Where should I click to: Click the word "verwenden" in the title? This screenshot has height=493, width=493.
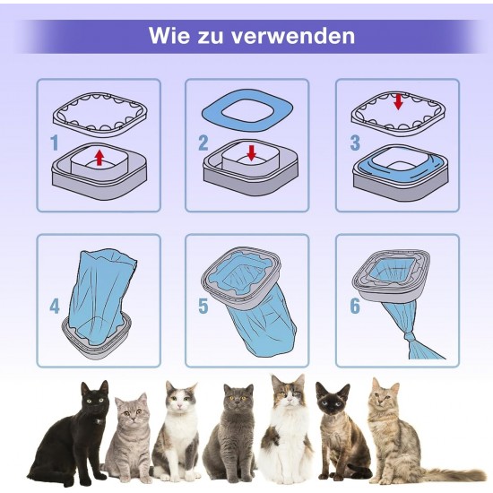tap(293, 36)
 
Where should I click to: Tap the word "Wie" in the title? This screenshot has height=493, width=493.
tap(169, 36)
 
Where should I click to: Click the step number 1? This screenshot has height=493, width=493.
tap(55, 143)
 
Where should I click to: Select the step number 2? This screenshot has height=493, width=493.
tap(203, 143)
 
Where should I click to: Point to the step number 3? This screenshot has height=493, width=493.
tap(355, 143)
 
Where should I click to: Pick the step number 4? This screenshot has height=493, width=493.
tap(55, 306)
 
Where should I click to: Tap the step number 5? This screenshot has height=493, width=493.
tap(203, 306)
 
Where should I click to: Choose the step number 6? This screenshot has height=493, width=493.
tap(355, 306)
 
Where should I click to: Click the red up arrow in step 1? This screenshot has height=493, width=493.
tap(99, 158)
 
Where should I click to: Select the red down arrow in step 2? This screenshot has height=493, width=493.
tap(252, 152)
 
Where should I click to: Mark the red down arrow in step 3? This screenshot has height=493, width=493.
tap(398, 102)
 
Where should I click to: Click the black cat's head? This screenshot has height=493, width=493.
tap(94, 397)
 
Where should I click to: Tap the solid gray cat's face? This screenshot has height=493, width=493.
tap(238, 399)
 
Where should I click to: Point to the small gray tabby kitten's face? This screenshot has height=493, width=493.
tap(132, 411)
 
